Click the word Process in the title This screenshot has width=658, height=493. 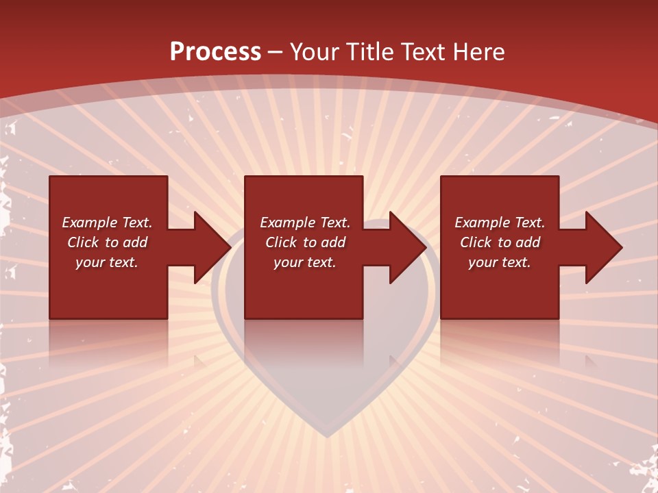[215, 51]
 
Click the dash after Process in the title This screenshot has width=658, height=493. [276, 53]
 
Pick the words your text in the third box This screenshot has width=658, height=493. [499, 262]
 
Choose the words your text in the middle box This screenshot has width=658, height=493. [304, 262]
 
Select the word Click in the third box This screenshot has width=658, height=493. [476, 242]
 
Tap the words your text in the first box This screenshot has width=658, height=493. [107, 262]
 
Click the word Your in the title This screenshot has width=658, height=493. [315, 52]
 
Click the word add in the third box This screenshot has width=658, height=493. [528, 242]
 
